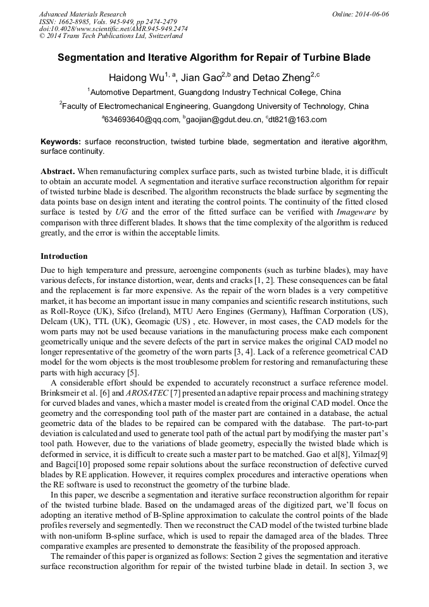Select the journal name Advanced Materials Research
click(x=83, y=14)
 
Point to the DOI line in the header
click(x=113, y=29)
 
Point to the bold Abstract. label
click(x=58, y=172)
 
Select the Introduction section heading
click(x=64, y=256)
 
